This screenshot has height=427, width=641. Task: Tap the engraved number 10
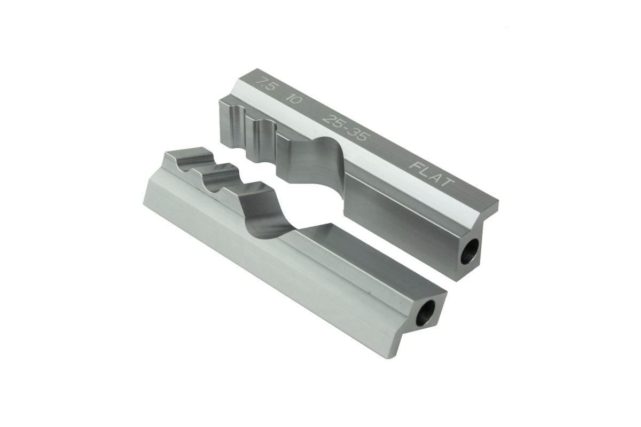tap(294, 99)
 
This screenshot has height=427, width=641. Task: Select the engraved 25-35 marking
tap(345, 128)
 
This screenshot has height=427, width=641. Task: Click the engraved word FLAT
tap(432, 174)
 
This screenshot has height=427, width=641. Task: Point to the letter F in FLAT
tap(416, 165)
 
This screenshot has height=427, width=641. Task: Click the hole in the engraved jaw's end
tap(470, 251)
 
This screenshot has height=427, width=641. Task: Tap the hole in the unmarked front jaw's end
tap(425, 314)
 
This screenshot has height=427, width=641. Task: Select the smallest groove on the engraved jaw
tap(239, 126)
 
